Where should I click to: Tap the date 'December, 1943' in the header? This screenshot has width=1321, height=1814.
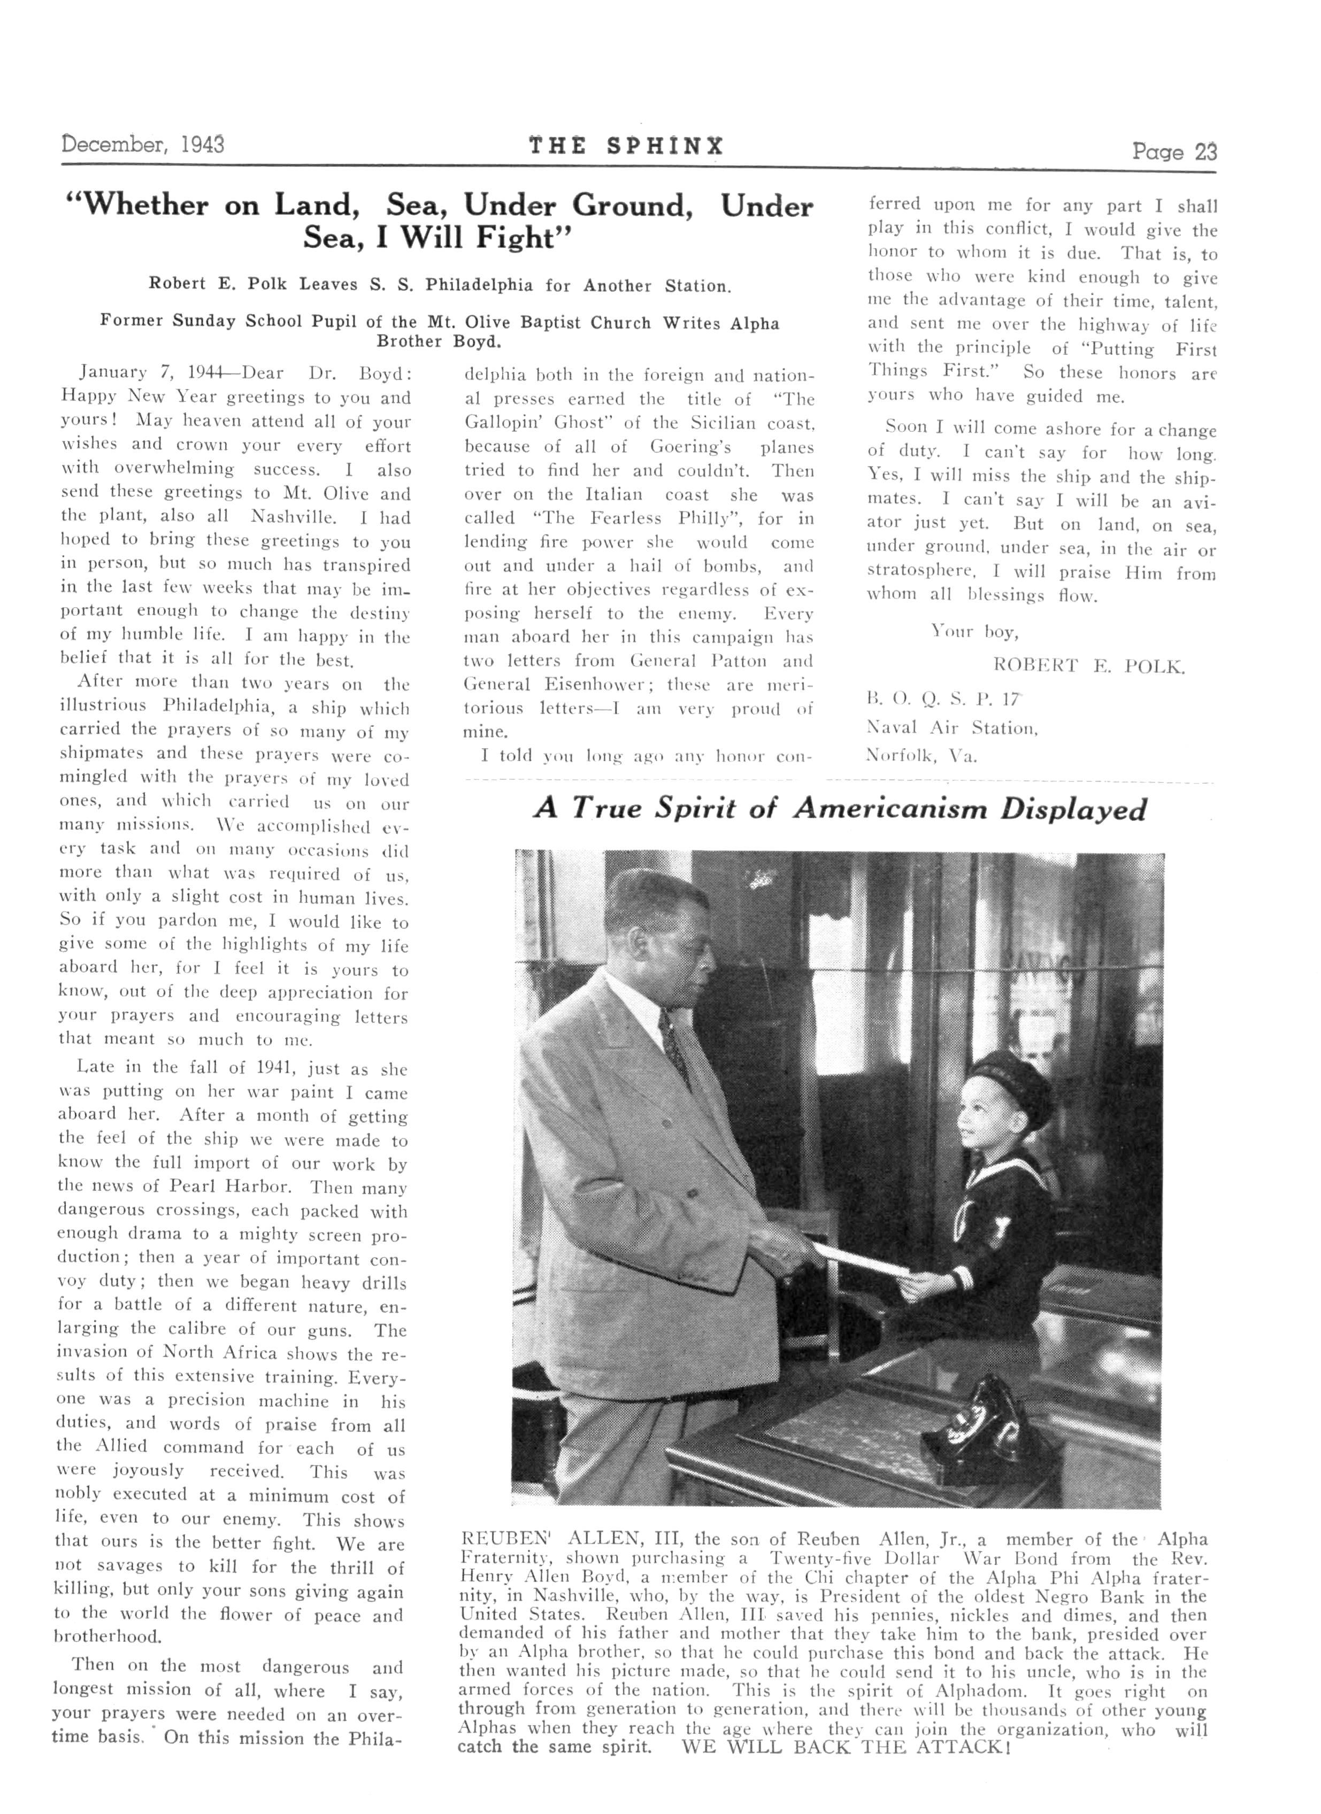coord(143,145)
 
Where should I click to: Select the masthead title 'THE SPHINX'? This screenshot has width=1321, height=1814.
coord(626,146)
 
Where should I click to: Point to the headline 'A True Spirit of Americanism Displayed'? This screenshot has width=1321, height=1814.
coord(839,809)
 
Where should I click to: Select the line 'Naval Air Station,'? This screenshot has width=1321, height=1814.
coord(952,728)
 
